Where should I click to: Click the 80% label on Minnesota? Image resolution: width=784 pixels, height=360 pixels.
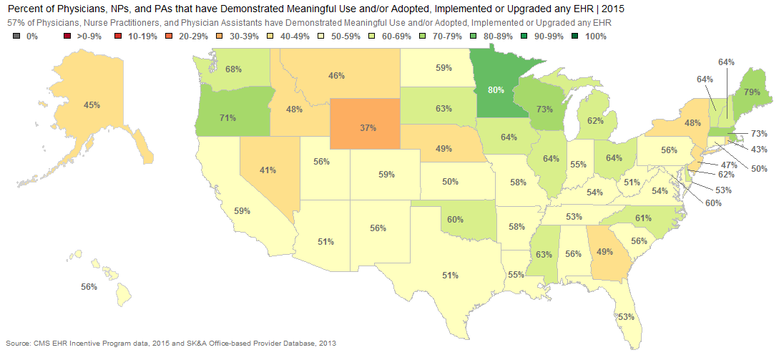click(496, 90)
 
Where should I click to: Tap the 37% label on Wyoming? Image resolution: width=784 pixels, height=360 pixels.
click(368, 127)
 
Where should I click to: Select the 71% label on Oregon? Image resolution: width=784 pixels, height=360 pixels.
click(227, 119)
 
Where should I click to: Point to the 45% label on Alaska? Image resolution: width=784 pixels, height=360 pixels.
click(92, 105)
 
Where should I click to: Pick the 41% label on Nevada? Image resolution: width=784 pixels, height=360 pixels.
click(268, 170)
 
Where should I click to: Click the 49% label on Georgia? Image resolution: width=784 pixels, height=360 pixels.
click(604, 251)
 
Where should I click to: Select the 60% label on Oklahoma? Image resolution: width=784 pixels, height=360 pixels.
click(455, 219)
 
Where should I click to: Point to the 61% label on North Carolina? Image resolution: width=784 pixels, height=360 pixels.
click(643, 218)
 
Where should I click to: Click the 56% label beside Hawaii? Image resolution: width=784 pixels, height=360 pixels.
click(89, 286)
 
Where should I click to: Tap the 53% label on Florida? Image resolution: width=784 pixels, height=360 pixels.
click(625, 316)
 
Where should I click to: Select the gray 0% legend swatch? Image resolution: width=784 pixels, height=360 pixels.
click(16, 36)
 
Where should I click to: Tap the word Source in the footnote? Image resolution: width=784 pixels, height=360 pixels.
click(18, 343)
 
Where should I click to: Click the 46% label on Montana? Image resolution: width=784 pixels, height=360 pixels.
click(336, 75)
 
